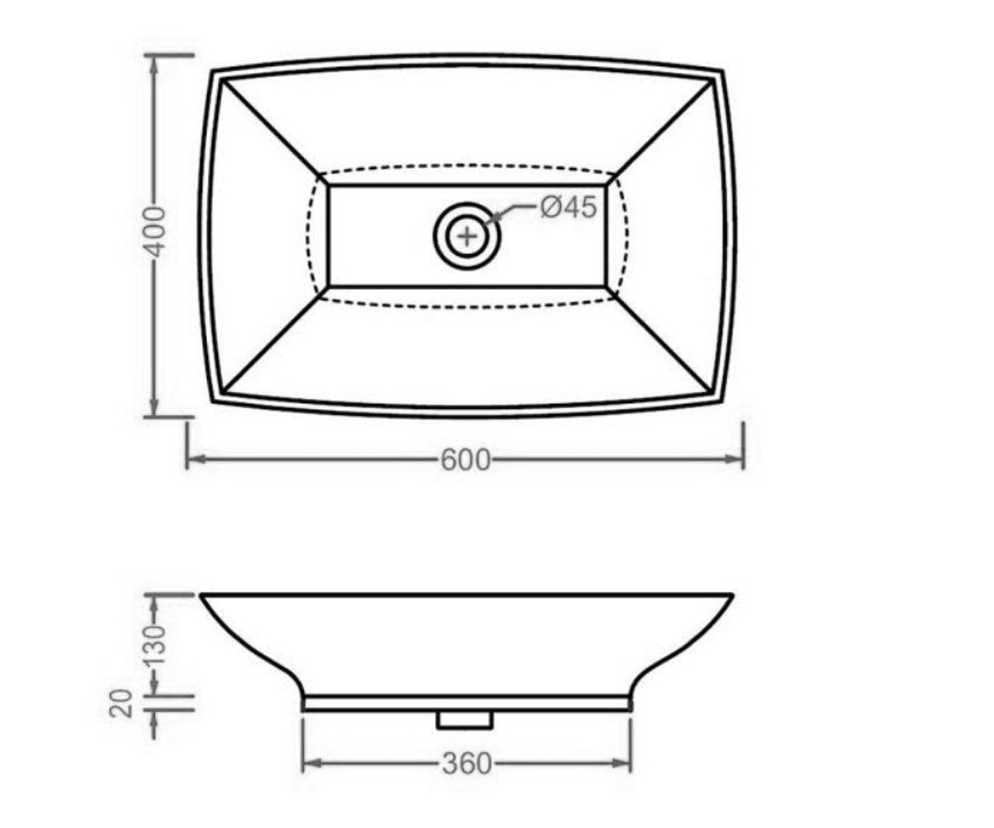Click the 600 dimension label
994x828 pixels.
(x=465, y=460)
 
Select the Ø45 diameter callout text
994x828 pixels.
(x=568, y=208)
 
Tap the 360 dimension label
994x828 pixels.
(x=466, y=763)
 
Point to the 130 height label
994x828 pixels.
(x=155, y=645)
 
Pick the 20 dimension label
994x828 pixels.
(x=120, y=703)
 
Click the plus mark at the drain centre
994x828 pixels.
(x=467, y=235)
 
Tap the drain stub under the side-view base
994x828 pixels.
(x=464, y=720)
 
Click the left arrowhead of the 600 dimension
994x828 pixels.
(x=195, y=460)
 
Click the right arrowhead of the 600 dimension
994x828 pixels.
(x=734, y=460)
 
